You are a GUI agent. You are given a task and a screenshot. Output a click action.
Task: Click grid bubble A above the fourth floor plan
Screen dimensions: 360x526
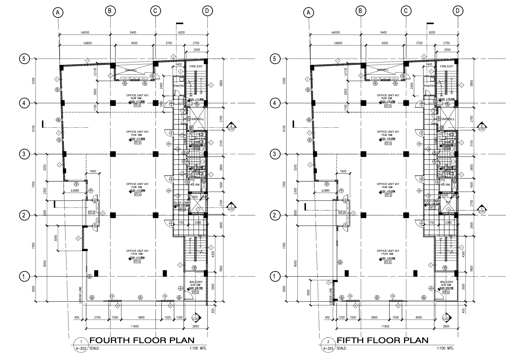tap(58, 13)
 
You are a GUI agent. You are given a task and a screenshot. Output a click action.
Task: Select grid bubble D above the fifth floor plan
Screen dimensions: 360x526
tap(458, 11)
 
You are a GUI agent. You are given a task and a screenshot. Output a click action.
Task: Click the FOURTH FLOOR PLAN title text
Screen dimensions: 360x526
tap(142, 340)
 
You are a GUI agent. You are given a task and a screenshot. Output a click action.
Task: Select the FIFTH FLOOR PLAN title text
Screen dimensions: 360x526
tap(382, 340)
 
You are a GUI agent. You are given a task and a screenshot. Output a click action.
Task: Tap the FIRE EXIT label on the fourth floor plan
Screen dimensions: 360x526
tap(196, 67)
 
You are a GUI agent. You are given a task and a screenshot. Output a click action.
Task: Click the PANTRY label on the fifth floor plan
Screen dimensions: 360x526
tap(429, 86)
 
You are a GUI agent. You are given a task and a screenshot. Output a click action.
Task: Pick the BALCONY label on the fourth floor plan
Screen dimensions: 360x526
tap(196, 282)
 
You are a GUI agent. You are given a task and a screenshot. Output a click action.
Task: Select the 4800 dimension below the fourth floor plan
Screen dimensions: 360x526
tap(141, 318)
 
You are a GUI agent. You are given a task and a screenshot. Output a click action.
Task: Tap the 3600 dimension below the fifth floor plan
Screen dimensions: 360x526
tap(374, 318)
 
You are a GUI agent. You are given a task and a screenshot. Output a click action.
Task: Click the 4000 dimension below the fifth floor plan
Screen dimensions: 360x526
tap(418, 318)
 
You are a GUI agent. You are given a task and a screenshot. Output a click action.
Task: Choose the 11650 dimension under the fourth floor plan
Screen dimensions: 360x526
tap(135, 326)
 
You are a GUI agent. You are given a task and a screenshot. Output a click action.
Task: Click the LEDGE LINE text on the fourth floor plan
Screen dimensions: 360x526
tap(80, 294)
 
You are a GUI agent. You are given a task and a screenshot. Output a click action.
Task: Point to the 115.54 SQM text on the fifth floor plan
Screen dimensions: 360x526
tap(388, 254)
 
